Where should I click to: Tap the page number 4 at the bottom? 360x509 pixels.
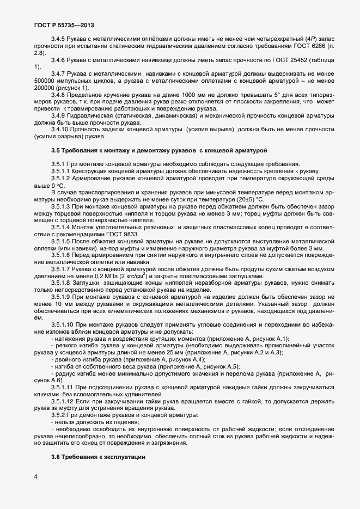coord(35,477)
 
